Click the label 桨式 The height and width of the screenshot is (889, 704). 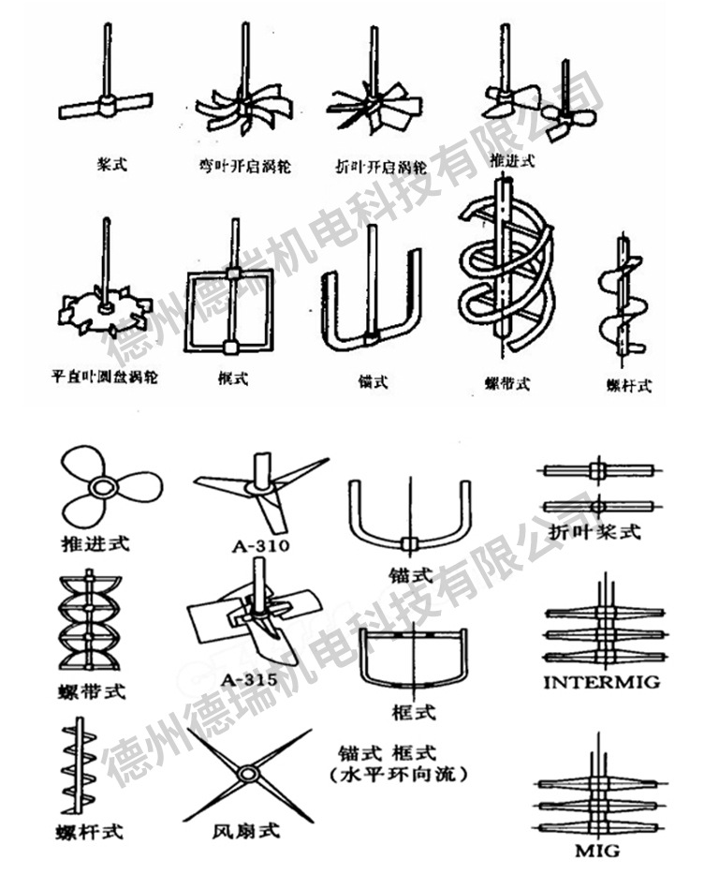pyautogui.click(x=111, y=164)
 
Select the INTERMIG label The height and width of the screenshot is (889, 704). pyautogui.click(x=602, y=682)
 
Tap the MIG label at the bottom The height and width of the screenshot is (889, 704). pyautogui.click(x=596, y=851)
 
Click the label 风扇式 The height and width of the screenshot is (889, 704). pyautogui.click(x=246, y=829)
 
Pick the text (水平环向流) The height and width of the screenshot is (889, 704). pyautogui.click(x=400, y=777)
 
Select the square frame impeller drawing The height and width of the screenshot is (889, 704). pyautogui.click(x=231, y=311)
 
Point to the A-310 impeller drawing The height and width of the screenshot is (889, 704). pyautogui.click(x=262, y=487)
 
